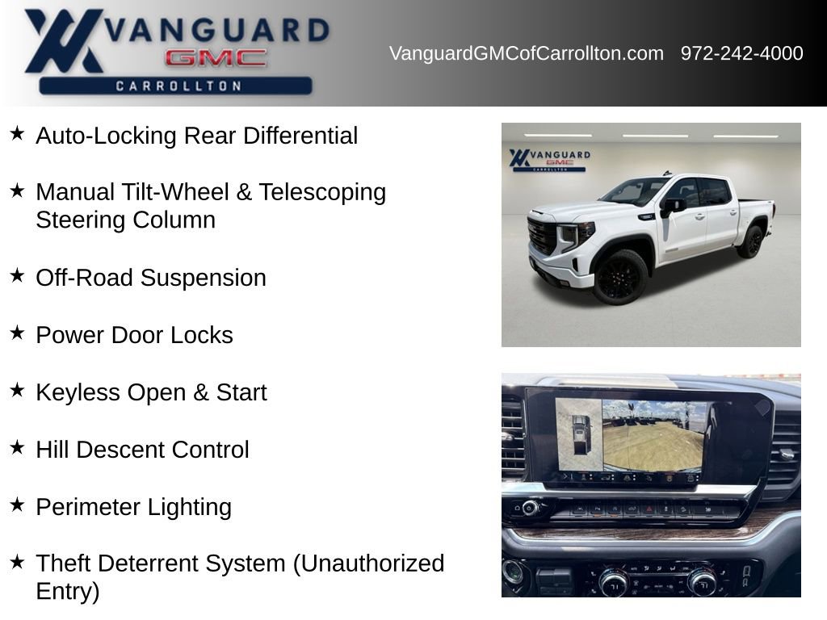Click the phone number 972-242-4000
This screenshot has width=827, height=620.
741,53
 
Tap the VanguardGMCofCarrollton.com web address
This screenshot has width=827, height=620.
527,53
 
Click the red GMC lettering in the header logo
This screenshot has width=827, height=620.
216,58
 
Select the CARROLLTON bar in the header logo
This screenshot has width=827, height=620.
175,86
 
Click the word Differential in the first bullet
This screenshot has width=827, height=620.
300,136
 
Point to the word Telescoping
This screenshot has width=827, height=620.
322,193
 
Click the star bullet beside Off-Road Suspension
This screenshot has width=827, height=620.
18,275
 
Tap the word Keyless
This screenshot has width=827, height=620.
78,393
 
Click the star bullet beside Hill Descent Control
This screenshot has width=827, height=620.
18,447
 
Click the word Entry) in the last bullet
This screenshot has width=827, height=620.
68,592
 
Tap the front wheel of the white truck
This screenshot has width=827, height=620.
621,277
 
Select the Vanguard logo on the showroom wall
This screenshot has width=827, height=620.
549,159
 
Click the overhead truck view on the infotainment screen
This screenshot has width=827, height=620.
579,434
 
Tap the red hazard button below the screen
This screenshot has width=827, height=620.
649,510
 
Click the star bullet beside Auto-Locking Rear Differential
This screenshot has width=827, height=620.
18,133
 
